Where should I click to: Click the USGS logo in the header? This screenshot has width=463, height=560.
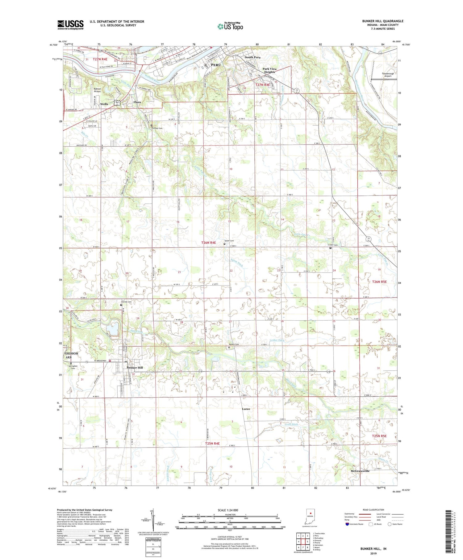[70, 25]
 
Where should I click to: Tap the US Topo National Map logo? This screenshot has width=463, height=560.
[230, 26]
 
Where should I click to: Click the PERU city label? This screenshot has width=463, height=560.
[216, 65]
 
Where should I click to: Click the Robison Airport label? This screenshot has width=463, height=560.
[97, 90]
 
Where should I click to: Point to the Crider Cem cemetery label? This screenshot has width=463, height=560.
[333, 245]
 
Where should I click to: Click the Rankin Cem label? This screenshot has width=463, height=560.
[234, 344]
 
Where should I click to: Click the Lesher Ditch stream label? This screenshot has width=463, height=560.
[277, 340]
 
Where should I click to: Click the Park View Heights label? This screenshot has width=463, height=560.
[269, 70]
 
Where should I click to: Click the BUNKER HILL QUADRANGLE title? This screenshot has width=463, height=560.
[382, 21]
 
